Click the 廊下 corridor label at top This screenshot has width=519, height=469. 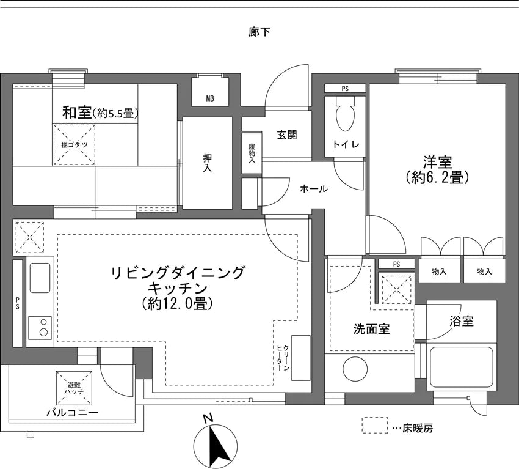point(259,32)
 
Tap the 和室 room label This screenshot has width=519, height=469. point(78,113)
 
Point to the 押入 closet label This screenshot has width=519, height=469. point(208,163)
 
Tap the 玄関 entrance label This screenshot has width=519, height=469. point(286,135)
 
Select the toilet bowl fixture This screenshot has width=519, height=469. point(344,116)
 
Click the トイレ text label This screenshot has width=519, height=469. point(346,144)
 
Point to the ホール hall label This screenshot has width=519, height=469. point(314,189)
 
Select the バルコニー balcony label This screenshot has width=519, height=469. point(72,412)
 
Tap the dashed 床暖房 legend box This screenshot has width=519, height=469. point(374,426)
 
